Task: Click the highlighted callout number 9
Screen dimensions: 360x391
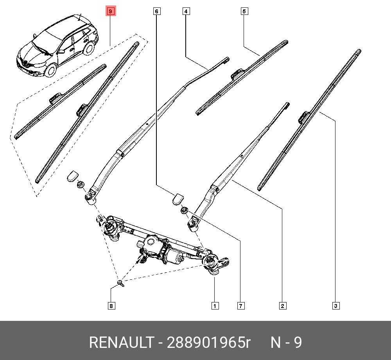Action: (111, 12)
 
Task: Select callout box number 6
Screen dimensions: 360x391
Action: (156, 12)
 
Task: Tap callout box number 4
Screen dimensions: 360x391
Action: (186, 12)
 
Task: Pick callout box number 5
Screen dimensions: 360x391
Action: (244, 12)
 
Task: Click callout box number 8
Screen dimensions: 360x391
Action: (111, 306)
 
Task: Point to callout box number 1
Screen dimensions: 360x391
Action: (215, 306)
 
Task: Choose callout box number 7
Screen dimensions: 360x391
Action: (241, 306)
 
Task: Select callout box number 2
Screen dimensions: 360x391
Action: (282, 306)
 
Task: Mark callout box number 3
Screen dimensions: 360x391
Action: (335, 306)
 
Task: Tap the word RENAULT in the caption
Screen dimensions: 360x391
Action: (121, 343)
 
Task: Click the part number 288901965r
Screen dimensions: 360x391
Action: (208, 343)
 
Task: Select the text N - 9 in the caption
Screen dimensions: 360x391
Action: (286, 343)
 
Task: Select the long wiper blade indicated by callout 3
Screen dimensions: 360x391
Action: (309, 119)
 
